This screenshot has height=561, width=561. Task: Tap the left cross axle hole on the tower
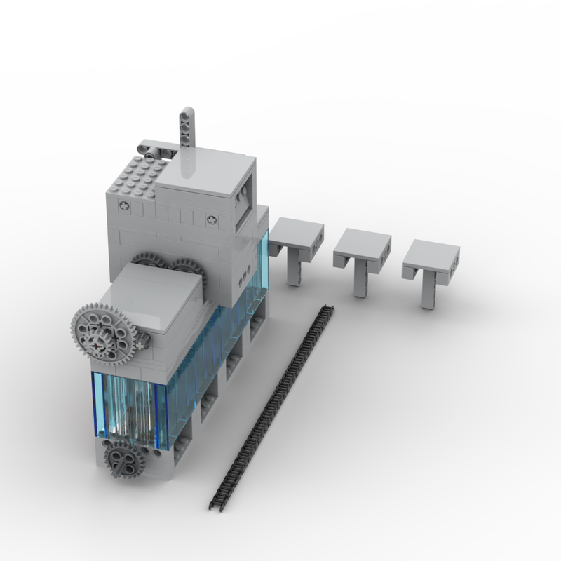(x=125, y=206)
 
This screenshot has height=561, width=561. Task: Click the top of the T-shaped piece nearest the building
(x=297, y=230)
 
